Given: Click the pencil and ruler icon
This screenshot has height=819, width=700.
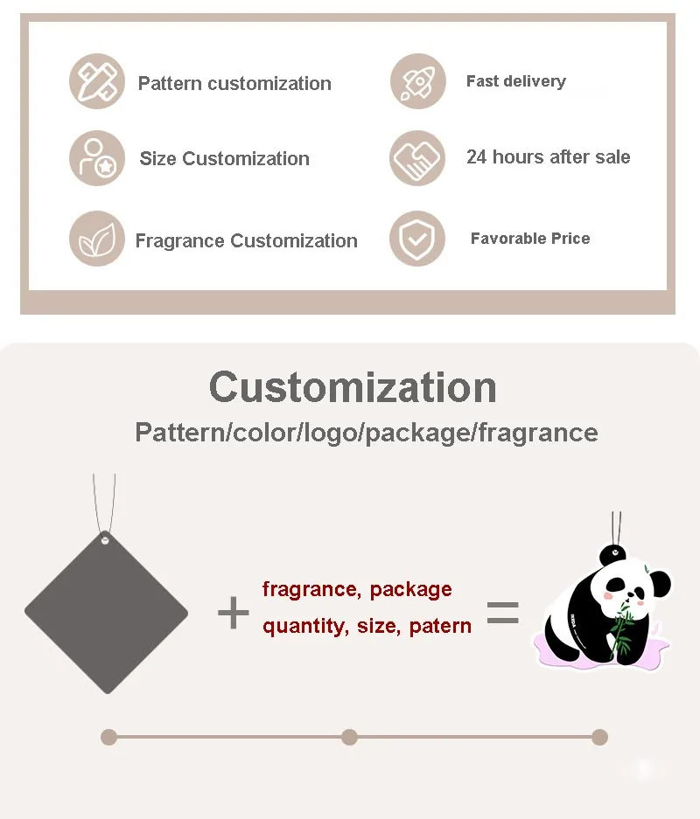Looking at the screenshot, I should coord(97,81).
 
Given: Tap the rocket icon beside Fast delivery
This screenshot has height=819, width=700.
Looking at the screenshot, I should coord(417,81).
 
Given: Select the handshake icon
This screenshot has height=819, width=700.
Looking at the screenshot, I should coord(417,158).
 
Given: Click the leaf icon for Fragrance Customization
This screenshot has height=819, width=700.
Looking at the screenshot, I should coord(97,239).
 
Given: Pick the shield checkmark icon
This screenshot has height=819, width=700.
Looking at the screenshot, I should coord(417,239).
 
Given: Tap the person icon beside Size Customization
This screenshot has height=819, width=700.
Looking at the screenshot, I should coord(97,158).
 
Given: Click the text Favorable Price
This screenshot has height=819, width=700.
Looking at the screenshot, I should coord(529,239).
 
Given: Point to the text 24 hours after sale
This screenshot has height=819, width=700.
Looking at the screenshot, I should coord(548,157).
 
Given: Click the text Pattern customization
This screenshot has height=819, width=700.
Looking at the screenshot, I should coord(234,84).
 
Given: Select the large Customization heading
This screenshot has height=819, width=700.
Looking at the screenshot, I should coord(353,386).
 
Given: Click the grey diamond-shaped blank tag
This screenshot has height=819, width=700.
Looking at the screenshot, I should coord(106,612).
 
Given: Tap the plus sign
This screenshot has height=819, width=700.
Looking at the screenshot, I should coord(233,614).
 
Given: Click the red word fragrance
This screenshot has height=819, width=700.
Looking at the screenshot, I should coord(308,589).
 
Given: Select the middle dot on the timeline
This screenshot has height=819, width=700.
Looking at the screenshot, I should coord(349,737).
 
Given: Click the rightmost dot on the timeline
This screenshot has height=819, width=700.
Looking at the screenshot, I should coord(599,737).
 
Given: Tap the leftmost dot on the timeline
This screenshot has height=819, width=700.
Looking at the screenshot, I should coord(108,737).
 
